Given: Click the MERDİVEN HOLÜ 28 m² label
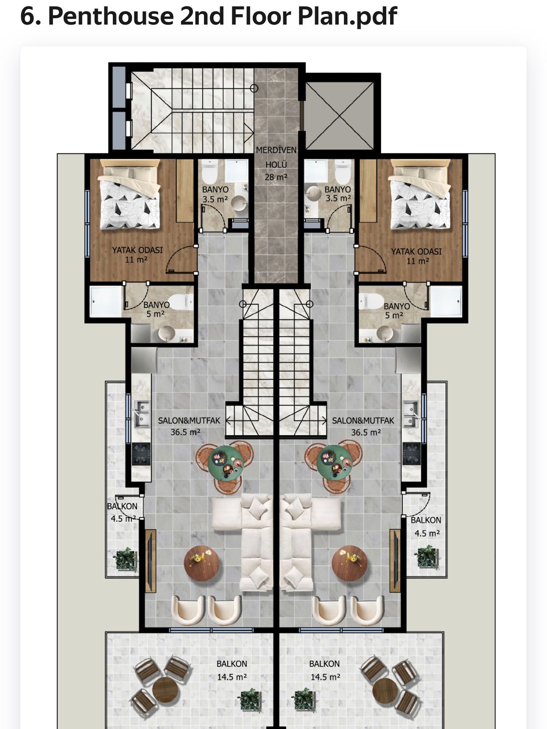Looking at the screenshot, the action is click(276, 164).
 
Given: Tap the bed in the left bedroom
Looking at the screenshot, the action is click(130, 195).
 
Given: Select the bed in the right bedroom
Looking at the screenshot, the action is click(420, 195).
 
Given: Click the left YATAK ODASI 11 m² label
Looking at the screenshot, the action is click(137, 254).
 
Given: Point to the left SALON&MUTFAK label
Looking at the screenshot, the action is click(189, 421).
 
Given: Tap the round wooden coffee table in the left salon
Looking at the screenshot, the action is click(202, 563).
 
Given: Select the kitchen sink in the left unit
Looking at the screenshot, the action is click(142, 413).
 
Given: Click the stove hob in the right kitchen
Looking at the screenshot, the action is click(411, 454).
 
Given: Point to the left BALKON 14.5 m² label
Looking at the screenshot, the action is click(232, 670).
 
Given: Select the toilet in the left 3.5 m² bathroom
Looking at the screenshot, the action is click(209, 170).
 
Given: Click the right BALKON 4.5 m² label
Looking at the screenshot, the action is click(426, 526).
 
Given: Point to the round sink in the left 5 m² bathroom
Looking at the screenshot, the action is click(167, 334).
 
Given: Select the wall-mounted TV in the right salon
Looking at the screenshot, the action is click(395, 560).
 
